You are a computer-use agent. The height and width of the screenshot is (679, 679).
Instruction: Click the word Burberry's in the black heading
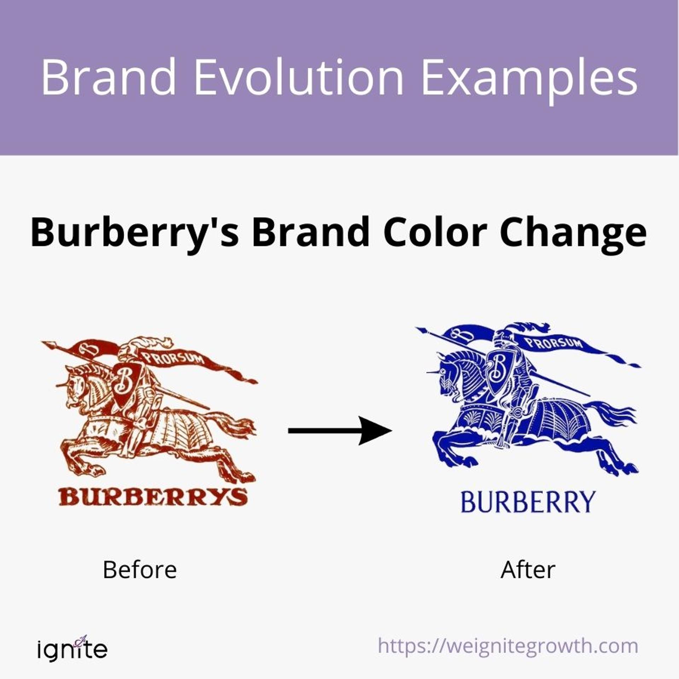coord(135,233)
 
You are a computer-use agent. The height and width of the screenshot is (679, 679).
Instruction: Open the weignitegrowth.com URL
coord(508,646)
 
